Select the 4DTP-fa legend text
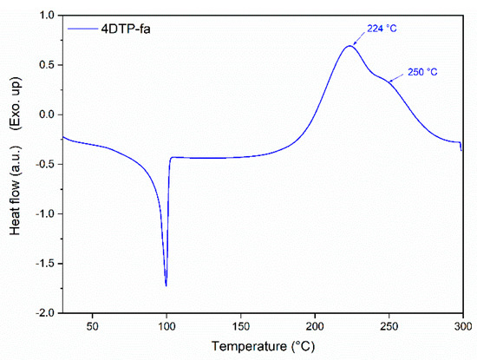131,29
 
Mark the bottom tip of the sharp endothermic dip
166,285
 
